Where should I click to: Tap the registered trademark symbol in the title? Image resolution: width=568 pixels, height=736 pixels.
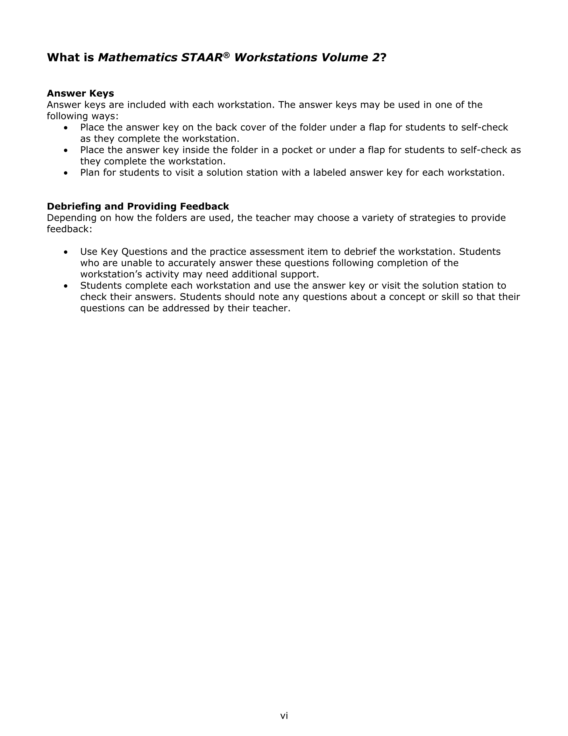coord(227,55)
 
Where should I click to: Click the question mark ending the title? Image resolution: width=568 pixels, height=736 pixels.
coord(383,58)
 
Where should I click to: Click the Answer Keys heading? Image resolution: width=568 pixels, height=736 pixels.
coord(81,93)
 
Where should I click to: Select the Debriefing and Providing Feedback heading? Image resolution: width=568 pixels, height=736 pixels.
coord(138,206)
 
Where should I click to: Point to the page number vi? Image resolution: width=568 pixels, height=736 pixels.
coord(284,716)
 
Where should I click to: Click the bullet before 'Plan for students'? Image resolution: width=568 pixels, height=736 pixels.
coord(66,173)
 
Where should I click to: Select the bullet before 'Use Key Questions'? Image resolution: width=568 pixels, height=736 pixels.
coord(66,252)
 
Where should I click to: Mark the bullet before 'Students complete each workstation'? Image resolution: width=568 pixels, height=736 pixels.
coord(66,286)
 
